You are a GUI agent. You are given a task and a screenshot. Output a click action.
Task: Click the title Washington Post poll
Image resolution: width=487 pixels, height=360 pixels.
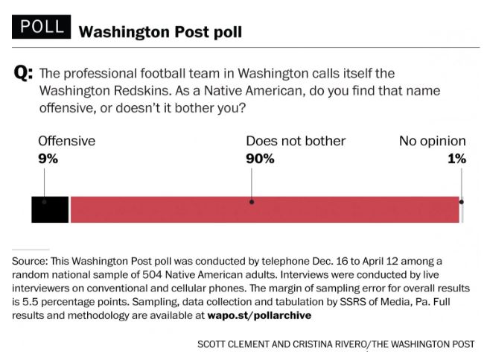point(160,32)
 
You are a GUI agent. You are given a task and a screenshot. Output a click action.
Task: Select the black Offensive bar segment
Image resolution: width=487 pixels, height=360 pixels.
point(50,209)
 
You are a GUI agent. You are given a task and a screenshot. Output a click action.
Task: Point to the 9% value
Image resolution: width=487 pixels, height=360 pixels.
point(47,158)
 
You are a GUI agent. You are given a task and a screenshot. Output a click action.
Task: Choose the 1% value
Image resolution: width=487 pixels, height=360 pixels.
point(456,158)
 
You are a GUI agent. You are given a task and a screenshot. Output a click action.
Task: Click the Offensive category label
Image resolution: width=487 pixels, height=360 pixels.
point(66,141)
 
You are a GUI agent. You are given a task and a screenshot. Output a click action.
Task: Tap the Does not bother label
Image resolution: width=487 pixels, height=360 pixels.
point(296,141)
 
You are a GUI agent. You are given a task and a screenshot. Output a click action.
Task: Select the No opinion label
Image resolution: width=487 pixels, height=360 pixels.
point(433,141)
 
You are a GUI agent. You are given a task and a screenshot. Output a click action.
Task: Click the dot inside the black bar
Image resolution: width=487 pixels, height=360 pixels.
point(44,201)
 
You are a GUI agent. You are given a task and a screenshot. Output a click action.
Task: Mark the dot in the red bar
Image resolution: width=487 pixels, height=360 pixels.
point(252,201)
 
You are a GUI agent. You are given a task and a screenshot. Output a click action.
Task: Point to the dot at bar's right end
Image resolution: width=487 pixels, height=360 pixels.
point(462,201)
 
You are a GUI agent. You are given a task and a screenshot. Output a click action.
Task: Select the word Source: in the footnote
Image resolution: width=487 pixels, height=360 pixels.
point(30,261)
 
